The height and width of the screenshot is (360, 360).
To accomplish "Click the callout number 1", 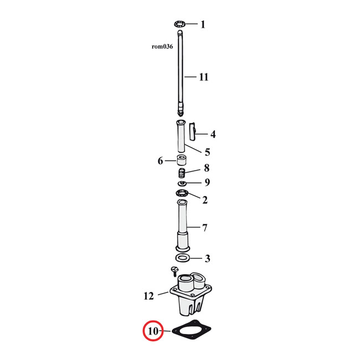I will tap(203, 24).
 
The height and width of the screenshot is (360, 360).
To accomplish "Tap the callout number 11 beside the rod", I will tap(204, 77).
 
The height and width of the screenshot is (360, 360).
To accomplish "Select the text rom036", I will tap(162, 47).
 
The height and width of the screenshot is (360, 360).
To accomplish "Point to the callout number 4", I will tap(213, 134).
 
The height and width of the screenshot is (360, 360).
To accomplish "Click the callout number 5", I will tap(207, 152).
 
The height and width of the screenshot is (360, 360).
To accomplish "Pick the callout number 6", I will tap(161, 161).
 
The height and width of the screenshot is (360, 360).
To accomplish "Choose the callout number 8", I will tap(206, 168).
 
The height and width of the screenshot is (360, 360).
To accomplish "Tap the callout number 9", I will tap(207, 182).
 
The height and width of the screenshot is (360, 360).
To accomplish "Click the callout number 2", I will tap(204, 200).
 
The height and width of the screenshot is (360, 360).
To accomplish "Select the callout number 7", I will tap(204, 228).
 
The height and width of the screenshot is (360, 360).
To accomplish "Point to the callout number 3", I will tap(207, 258).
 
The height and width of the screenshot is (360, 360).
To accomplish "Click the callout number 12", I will tap(148, 296).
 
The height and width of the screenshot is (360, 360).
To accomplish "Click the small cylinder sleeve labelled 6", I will tap(181, 161).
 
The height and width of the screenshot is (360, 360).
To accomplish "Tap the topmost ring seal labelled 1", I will tap(179, 24).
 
